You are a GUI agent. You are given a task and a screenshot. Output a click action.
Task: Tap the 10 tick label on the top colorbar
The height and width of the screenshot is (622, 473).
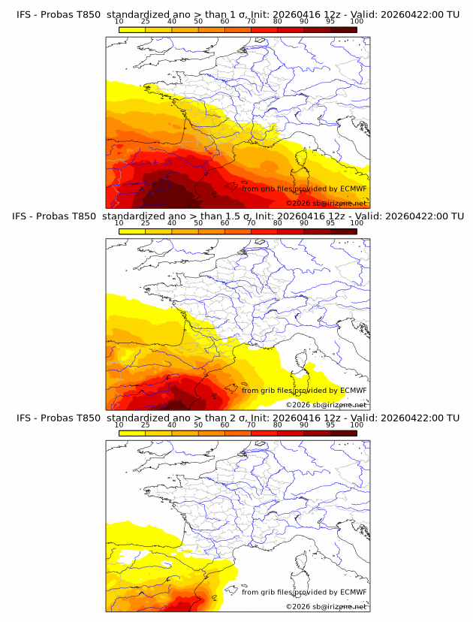pyautogui.click(x=119, y=21)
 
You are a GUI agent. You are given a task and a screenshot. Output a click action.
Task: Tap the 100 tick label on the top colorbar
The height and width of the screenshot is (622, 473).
pyautogui.click(x=357, y=21)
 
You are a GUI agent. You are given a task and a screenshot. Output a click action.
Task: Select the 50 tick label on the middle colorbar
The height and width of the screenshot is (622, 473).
pyautogui.click(x=198, y=223)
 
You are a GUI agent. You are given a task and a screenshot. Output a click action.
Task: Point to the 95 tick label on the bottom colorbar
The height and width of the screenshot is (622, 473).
pyautogui.click(x=330, y=424)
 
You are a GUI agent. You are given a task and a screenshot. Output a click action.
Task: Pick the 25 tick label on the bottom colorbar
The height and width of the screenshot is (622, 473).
pyautogui.click(x=145, y=424)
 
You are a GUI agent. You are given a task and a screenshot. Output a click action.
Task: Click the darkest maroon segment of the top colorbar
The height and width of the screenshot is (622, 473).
pyautogui.click(x=343, y=30)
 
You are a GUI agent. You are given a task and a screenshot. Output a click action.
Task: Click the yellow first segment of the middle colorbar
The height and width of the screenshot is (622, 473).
pyautogui.click(x=131, y=231)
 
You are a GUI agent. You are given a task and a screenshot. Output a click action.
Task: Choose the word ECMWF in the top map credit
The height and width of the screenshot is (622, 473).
pyautogui.click(x=353, y=189)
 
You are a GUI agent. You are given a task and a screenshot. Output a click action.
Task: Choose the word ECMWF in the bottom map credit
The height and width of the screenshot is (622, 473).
pyautogui.click(x=353, y=592)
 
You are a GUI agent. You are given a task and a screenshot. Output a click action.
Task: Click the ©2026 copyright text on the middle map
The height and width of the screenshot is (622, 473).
pyautogui.click(x=297, y=405)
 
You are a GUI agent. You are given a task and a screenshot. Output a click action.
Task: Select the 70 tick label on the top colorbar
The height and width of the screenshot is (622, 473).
pyautogui.click(x=251, y=21)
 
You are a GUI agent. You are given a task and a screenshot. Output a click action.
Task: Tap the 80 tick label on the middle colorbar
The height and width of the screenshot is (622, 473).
pyautogui.click(x=277, y=223)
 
